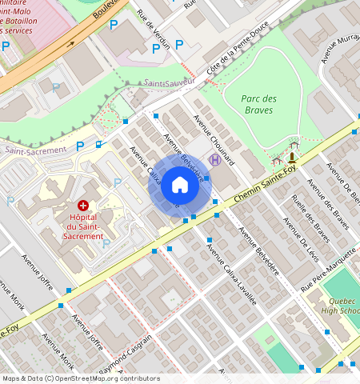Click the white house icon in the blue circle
pyautogui.click(x=180, y=186)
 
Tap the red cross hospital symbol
pyautogui.click(x=82, y=206)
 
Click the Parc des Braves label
pyautogui.click(x=259, y=105)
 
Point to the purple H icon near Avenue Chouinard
pyautogui.click(x=214, y=160)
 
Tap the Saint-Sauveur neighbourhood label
pyautogui.click(x=168, y=82)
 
